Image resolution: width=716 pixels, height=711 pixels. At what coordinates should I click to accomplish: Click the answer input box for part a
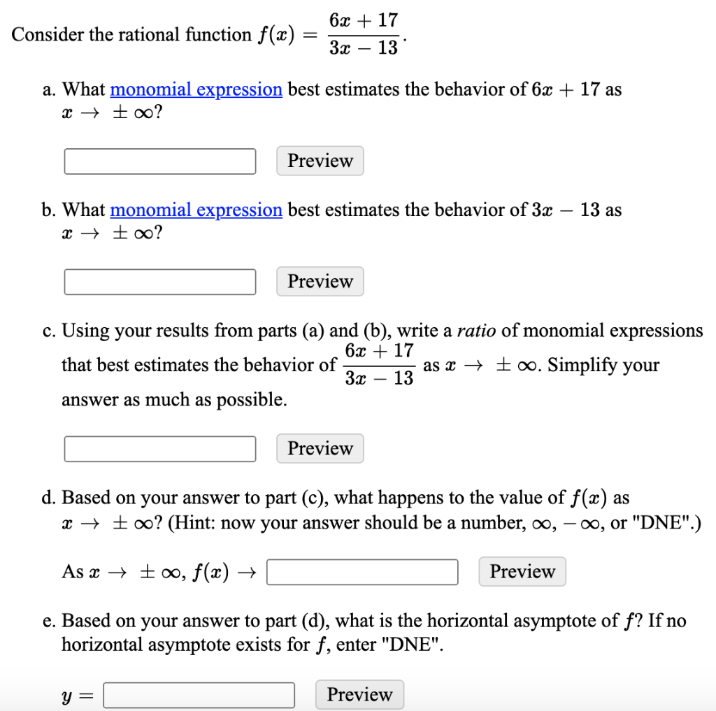(x=160, y=161)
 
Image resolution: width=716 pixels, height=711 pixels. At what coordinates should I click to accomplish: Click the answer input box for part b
(x=160, y=282)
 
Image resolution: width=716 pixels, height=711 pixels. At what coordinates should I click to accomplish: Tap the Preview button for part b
(x=320, y=282)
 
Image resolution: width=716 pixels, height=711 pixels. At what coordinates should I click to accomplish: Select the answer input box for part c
(x=160, y=449)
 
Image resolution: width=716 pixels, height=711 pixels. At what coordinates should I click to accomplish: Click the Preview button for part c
(x=320, y=449)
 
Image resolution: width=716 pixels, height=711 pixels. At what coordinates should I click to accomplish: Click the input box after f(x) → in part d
(x=362, y=572)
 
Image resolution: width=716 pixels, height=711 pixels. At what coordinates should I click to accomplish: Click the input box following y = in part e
(x=199, y=695)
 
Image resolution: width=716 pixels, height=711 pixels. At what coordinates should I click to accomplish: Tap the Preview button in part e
(x=359, y=695)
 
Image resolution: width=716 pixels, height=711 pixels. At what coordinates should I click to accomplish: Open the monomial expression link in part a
(x=196, y=89)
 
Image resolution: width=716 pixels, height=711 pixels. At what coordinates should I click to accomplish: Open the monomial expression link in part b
(x=196, y=210)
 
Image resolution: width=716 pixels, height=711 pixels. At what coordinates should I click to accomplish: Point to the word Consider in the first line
(x=41, y=35)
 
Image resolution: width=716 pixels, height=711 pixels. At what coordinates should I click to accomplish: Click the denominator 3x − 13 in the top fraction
(x=364, y=48)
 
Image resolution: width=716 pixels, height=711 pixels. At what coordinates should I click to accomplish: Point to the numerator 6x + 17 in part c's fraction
(x=380, y=350)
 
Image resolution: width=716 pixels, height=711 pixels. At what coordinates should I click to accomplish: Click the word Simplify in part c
(x=578, y=365)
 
